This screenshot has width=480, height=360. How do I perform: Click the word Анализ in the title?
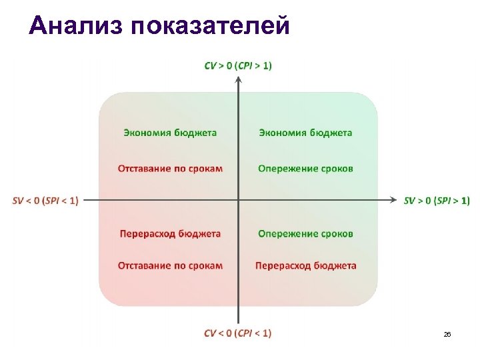[76, 26]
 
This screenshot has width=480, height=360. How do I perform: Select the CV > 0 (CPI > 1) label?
[238, 65]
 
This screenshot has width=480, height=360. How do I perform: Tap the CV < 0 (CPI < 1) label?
[238, 333]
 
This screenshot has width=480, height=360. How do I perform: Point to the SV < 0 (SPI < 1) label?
[45, 200]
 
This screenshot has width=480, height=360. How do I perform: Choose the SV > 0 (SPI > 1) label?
[437, 200]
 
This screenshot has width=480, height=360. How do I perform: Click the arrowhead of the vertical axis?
[238, 79]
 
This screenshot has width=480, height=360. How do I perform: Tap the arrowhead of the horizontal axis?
[395, 199]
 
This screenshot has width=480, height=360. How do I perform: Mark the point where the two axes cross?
[238, 199]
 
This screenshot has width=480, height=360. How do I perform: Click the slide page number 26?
[447, 334]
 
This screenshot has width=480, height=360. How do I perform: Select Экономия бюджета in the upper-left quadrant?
[170, 133]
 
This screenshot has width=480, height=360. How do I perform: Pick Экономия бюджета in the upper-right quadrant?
[305, 133]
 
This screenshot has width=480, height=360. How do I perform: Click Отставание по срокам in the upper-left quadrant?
[170, 168]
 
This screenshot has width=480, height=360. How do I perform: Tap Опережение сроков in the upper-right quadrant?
[305, 168]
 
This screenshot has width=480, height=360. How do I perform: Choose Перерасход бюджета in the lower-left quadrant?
[170, 233]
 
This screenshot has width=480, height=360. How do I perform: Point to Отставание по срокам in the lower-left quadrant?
[170, 265]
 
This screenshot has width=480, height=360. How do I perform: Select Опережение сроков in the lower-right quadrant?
[305, 233]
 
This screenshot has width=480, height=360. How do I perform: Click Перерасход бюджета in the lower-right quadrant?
[305, 265]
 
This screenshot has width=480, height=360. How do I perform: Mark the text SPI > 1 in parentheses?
[451, 200]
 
